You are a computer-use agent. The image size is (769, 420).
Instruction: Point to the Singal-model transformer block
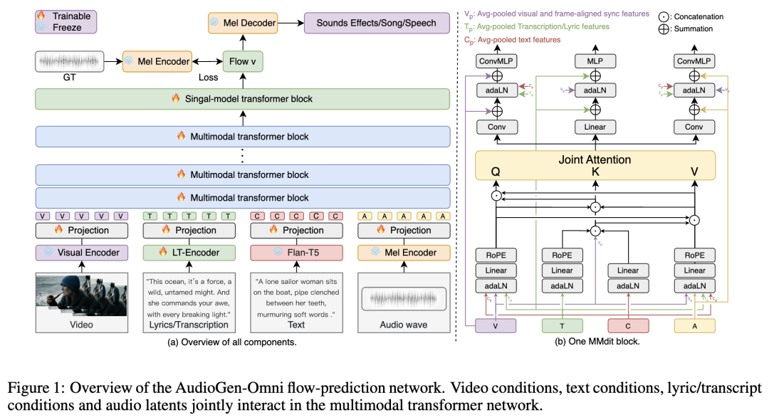coord(242,99)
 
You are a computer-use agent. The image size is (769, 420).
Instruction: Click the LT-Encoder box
coord(189,252)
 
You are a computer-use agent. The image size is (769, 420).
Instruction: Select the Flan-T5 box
coord(296,252)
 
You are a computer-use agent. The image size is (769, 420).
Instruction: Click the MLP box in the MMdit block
coord(595,63)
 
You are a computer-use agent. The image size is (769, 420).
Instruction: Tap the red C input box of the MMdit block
coord(628,325)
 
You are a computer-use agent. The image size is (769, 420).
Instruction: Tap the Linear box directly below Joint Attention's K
coord(595,127)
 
